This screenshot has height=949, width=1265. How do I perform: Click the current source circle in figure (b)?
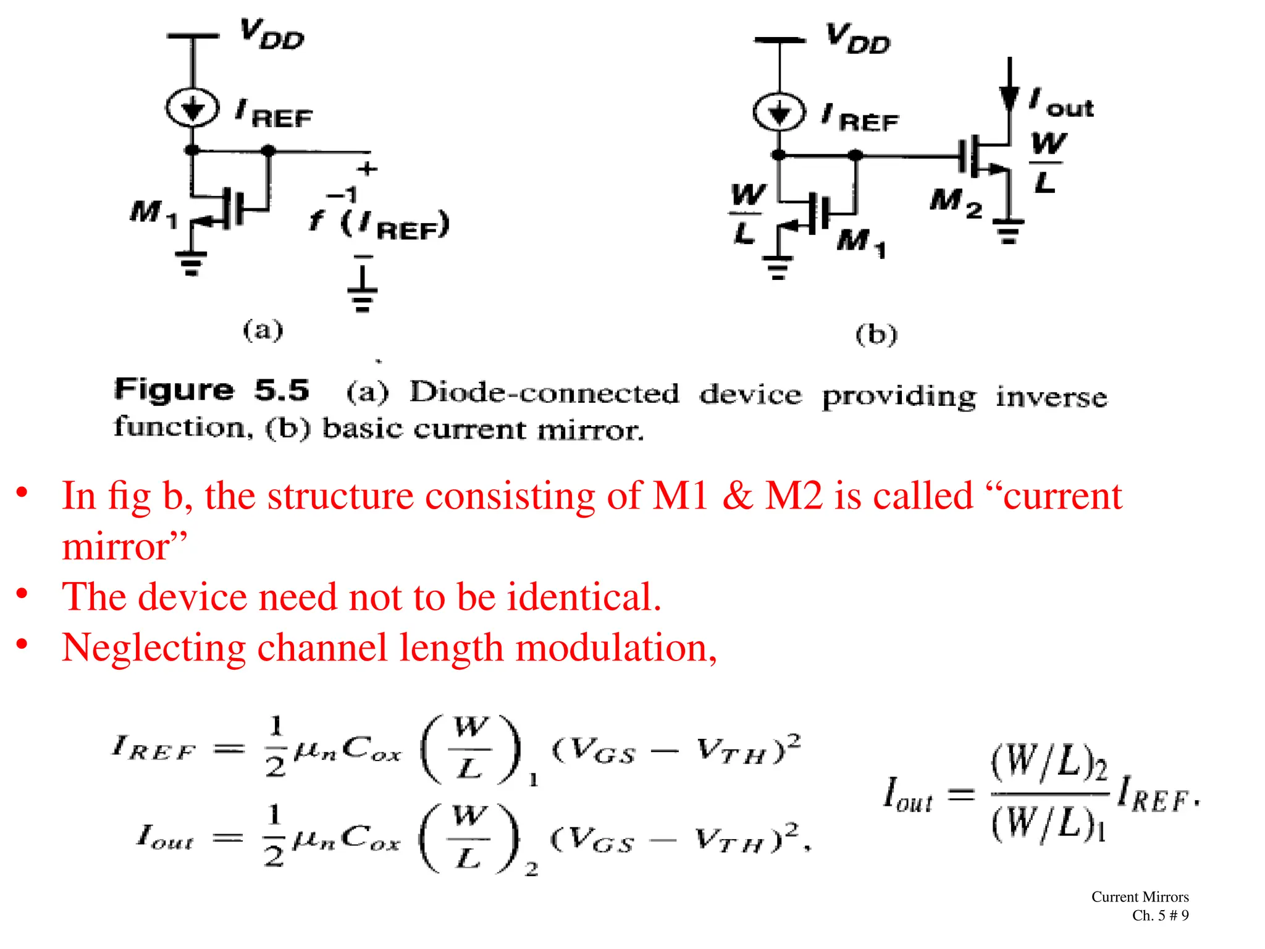pyautogui.click(x=779, y=112)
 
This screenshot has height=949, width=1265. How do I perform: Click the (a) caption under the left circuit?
pyautogui.click(x=263, y=330)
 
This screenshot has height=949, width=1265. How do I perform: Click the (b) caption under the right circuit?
pyautogui.click(x=876, y=335)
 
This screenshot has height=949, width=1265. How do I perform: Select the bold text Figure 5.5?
pyautogui.click(x=211, y=390)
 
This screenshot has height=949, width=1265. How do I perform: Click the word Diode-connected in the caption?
pyautogui.click(x=544, y=394)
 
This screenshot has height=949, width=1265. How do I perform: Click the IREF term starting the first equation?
pyautogui.click(x=154, y=749)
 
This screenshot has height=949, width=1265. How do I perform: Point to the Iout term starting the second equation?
pyautogui.click(x=165, y=838)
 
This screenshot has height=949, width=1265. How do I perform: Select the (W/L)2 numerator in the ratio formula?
pyautogui.click(x=1048, y=764)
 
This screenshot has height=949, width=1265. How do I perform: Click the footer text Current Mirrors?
pyautogui.click(x=1140, y=896)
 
